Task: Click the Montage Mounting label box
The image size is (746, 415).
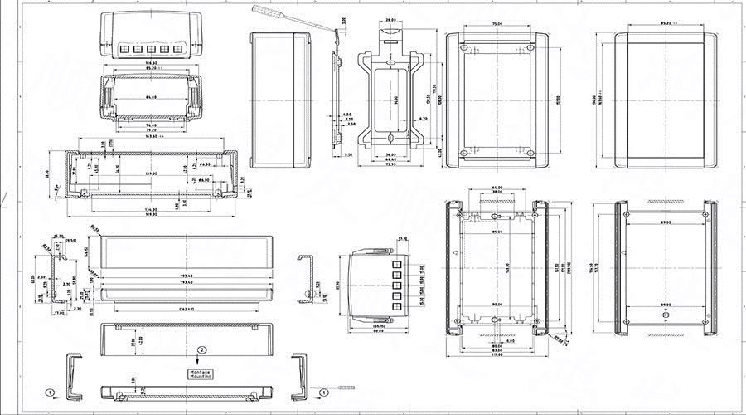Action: coord(200,374)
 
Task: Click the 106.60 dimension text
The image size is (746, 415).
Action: coord(150,62)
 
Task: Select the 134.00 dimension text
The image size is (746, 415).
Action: coord(150,209)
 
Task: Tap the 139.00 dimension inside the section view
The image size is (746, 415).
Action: coord(150,173)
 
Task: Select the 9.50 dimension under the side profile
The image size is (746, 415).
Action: coord(347,155)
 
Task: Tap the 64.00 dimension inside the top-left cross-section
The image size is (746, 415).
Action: coord(150,98)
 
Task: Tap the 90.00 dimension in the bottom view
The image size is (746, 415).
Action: coord(496,304)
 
